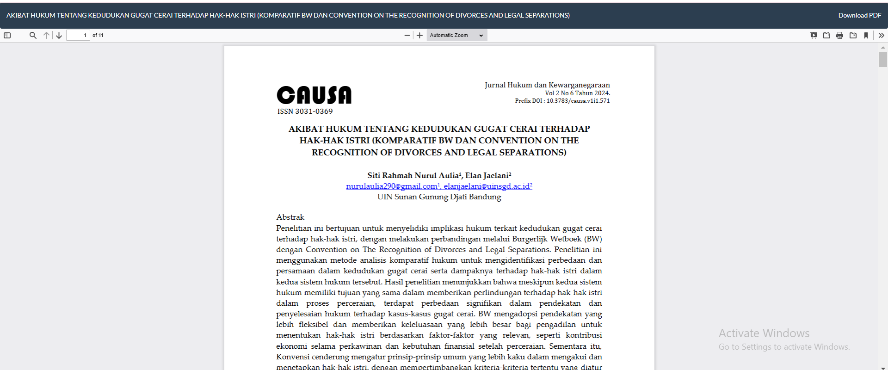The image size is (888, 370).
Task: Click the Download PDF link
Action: click(x=859, y=15)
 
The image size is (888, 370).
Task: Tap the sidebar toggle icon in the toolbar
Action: click(x=7, y=35)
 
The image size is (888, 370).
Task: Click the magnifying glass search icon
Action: click(x=33, y=35)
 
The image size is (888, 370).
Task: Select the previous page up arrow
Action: click(x=46, y=35)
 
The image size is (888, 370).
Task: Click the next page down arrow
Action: click(x=59, y=35)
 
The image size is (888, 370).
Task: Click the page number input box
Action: click(x=78, y=35)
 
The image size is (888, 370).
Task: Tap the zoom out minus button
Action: click(x=407, y=35)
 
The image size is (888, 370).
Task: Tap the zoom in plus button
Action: click(x=419, y=35)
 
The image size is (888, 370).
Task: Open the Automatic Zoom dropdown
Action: click(x=456, y=35)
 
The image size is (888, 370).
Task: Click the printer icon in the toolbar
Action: click(x=839, y=35)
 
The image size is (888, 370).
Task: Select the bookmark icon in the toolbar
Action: click(x=866, y=35)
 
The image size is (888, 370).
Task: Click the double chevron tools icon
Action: click(x=881, y=35)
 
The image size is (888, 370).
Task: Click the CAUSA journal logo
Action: click(x=314, y=95)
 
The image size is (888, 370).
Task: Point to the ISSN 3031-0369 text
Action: click(x=305, y=111)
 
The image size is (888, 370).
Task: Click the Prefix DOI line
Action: click(x=562, y=101)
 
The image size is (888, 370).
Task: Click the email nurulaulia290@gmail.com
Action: click(x=391, y=186)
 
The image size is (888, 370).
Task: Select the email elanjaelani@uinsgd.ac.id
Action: click(x=487, y=186)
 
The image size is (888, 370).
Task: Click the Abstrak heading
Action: click(x=290, y=217)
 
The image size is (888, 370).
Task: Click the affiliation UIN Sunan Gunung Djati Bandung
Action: click(x=439, y=197)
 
